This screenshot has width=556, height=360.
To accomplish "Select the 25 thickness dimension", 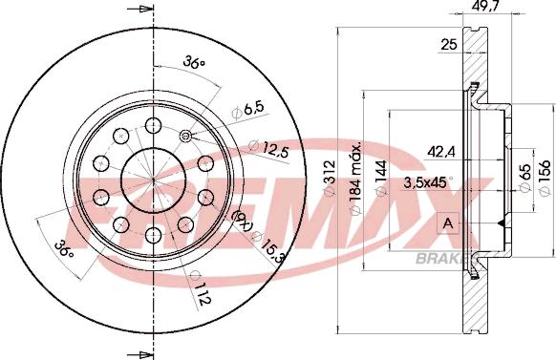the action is click(x=449, y=45).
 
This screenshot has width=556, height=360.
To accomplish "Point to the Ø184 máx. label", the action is click(x=355, y=177).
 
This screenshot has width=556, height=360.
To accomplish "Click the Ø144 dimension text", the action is click(x=380, y=178).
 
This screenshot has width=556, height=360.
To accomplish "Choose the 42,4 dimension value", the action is click(x=441, y=153).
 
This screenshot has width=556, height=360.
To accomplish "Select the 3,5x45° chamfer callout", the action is click(x=428, y=182).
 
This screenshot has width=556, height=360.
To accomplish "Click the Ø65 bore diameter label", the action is click(x=524, y=178).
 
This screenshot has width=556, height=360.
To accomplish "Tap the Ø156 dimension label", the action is click(x=544, y=177).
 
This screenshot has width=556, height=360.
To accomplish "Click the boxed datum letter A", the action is click(x=449, y=223).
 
